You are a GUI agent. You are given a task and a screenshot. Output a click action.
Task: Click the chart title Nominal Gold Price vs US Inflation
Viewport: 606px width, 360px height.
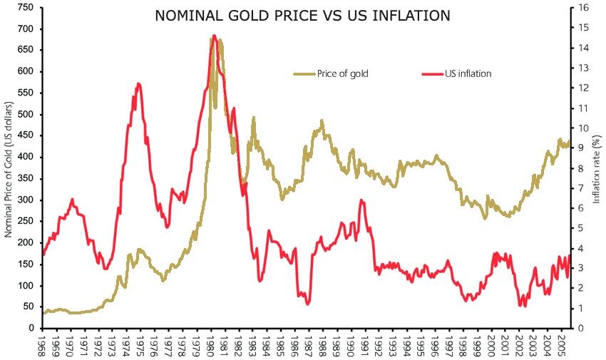[x=302, y=15]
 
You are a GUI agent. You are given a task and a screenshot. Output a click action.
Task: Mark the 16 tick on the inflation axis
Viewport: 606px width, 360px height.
[x=582, y=7]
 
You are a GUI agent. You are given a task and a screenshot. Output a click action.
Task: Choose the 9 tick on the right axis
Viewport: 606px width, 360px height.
[x=579, y=148]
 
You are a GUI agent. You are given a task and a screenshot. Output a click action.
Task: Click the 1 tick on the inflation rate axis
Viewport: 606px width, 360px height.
[x=579, y=308]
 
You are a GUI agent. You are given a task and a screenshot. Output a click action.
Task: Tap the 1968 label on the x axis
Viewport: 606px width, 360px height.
[x=44, y=346]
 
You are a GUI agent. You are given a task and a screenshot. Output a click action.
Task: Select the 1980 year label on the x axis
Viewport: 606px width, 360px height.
[x=211, y=346]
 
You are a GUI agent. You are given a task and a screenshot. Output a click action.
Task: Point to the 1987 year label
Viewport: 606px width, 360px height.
[x=308, y=346]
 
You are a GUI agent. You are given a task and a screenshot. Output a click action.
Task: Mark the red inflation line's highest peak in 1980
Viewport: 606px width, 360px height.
[x=214, y=36]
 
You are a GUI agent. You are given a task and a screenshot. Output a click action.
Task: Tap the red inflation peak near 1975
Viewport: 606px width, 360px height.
[x=138, y=84]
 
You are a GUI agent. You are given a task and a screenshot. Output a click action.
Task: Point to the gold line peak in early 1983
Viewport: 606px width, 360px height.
[x=253, y=118]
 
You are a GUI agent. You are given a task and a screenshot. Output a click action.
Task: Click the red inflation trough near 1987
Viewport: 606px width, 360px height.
[x=308, y=304]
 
